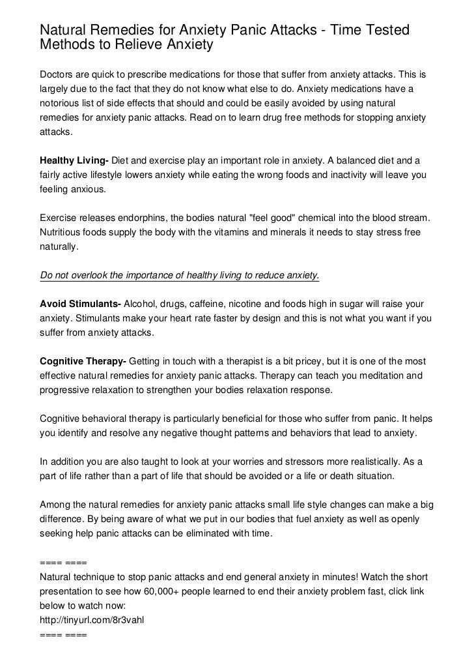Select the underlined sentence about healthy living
(x=180, y=275)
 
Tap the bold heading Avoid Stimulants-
(x=80, y=304)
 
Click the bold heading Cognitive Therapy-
(x=85, y=362)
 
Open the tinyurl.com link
(x=92, y=620)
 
